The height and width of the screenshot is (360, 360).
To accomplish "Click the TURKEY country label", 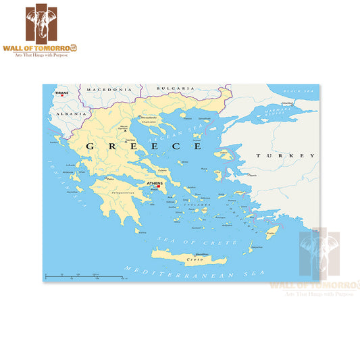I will coord(285,155).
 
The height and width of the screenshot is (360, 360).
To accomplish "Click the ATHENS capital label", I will coord(155,183).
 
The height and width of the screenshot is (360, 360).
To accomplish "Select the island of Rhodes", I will coord(272,233).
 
